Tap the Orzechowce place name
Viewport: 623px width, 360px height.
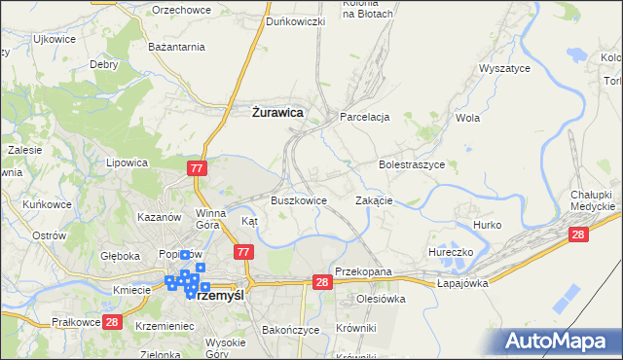[x=183, y=9]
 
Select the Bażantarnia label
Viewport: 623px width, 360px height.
[x=175, y=46]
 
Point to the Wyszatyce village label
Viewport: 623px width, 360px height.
[x=504, y=69]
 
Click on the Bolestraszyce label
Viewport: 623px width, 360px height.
[x=412, y=164]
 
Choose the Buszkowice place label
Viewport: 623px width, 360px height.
[x=298, y=200]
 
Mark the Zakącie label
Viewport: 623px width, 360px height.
[x=374, y=200]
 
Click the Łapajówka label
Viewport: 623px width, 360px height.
[x=461, y=283]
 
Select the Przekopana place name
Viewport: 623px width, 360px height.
[x=362, y=271]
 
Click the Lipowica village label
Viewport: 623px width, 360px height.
[x=127, y=163]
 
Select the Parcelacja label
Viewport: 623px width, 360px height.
[x=364, y=117]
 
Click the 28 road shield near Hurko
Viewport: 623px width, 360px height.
[x=578, y=234]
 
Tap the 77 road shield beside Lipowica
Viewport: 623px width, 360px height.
[x=198, y=168]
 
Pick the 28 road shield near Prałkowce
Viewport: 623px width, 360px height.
[x=111, y=322]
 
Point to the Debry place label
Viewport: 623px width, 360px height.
[x=103, y=64]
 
